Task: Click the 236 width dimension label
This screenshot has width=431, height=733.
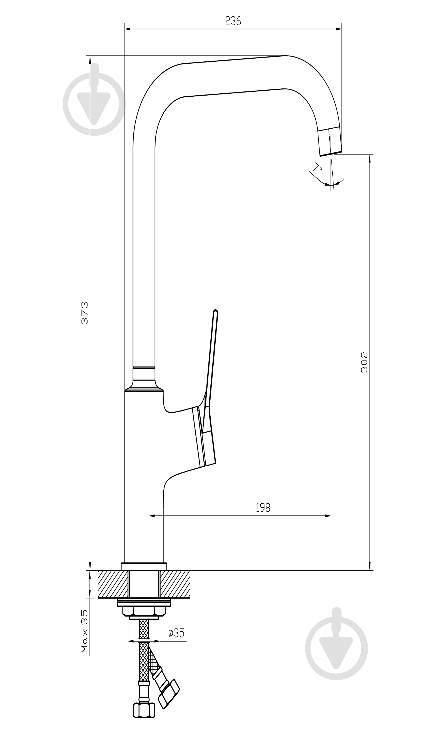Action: click(233, 21)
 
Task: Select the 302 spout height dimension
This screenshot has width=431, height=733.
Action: click(364, 362)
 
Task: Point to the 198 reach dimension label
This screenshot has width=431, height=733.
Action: click(263, 508)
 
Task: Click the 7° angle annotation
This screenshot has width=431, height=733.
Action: click(317, 167)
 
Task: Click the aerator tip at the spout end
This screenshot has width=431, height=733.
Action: click(330, 141)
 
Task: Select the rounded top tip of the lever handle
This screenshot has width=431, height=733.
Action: click(216, 311)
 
